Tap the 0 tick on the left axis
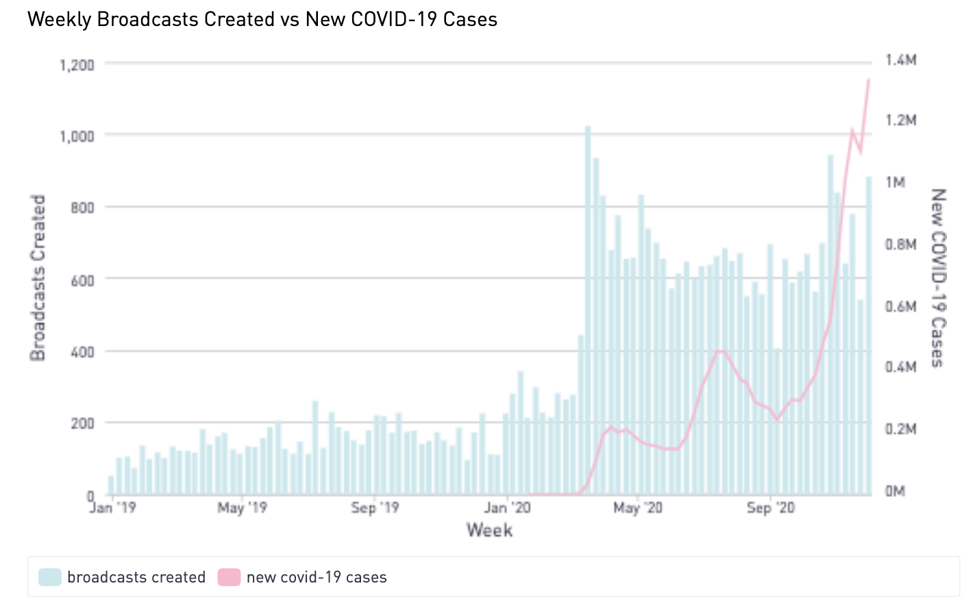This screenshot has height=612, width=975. point(90,495)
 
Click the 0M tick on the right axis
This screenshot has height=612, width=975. point(894,491)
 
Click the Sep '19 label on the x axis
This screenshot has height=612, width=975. point(375,510)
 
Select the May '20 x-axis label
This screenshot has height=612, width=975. point(638,510)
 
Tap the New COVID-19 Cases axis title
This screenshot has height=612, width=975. point(937,278)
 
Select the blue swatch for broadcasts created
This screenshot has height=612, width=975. point(50,577)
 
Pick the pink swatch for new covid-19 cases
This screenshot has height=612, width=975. point(230,577)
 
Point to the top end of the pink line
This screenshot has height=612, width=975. point(869,78)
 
